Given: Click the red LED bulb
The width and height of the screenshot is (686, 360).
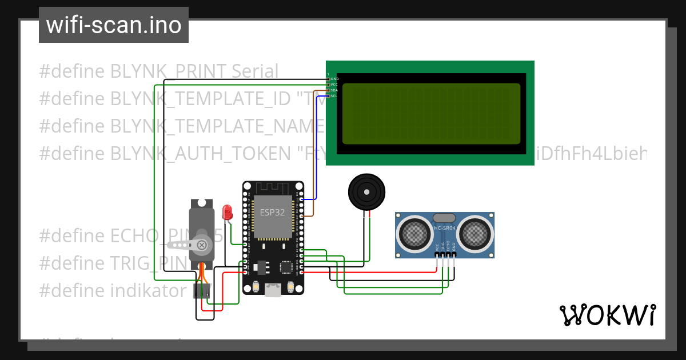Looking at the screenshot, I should pyautogui.click(x=227, y=213).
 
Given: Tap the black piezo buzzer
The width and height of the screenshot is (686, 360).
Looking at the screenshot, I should pyautogui.click(x=366, y=193).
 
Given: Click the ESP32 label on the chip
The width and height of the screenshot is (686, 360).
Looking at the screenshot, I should pyautogui.click(x=273, y=211).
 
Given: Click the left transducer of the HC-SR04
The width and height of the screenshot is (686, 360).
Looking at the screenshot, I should pyautogui.click(x=414, y=233).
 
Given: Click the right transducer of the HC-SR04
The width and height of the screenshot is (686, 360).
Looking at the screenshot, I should pyautogui.click(x=475, y=233).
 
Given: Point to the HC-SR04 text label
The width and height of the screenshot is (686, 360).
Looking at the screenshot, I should pyautogui.click(x=444, y=228).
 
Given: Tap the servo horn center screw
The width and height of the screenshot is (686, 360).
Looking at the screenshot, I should pyautogui.click(x=201, y=245).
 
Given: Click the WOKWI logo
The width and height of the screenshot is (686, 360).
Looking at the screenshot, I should pyautogui.click(x=607, y=315).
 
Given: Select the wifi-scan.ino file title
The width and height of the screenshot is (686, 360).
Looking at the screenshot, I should pyautogui.click(x=114, y=25).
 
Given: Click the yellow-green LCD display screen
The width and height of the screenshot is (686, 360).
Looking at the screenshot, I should pyautogui.click(x=431, y=114).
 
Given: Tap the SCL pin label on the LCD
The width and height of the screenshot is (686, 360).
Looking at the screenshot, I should pyautogui.click(x=334, y=96).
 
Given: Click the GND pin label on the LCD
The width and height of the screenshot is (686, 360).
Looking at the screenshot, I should pyautogui.click(x=334, y=78).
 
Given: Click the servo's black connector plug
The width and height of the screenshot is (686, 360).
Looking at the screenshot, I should pyautogui.click(x=201, y=290).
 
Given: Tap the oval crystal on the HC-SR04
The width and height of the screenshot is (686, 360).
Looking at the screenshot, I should pyautogui.click(x=444, y=218).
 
